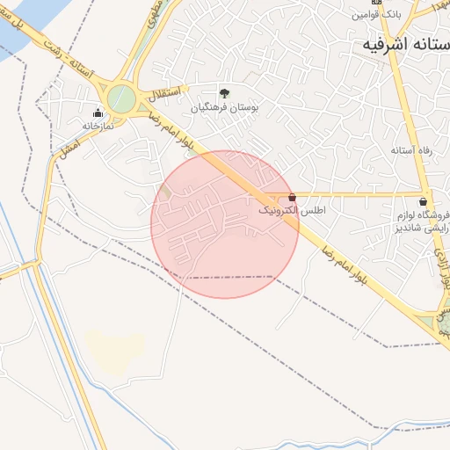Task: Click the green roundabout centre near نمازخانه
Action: [121, 97]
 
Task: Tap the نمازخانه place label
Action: [99, 125]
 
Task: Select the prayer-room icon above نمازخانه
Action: [97, 112]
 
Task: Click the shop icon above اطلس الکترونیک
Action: [293, 198]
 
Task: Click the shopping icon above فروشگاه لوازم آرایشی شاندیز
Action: [425, 200]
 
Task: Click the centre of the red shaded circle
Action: [225, 224]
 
